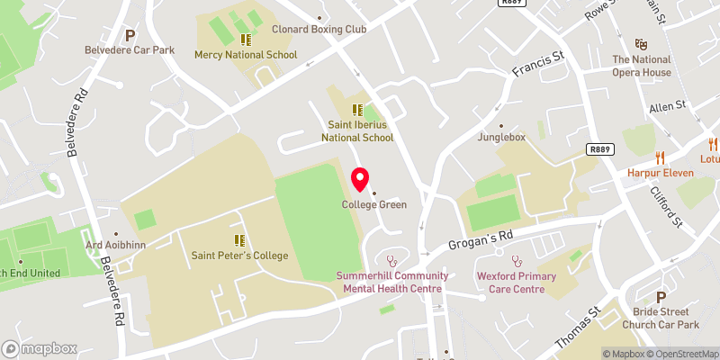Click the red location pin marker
[x=360, y=180]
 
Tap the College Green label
[x=373, y=204]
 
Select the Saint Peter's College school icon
[x=240, y=240]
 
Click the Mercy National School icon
[x=246, y=40]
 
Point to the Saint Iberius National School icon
[x=357, y=111]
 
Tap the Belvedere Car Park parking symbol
[x=130, y=35]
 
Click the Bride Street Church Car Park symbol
[x=661, y=297]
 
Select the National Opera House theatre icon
[x=642, y=43]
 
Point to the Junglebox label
[x=501, y=138]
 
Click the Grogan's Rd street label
[x=481, y=239]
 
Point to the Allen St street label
[x=668, y=105]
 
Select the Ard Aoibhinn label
[x=114, y=244]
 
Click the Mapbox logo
[x=39, y=348]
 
